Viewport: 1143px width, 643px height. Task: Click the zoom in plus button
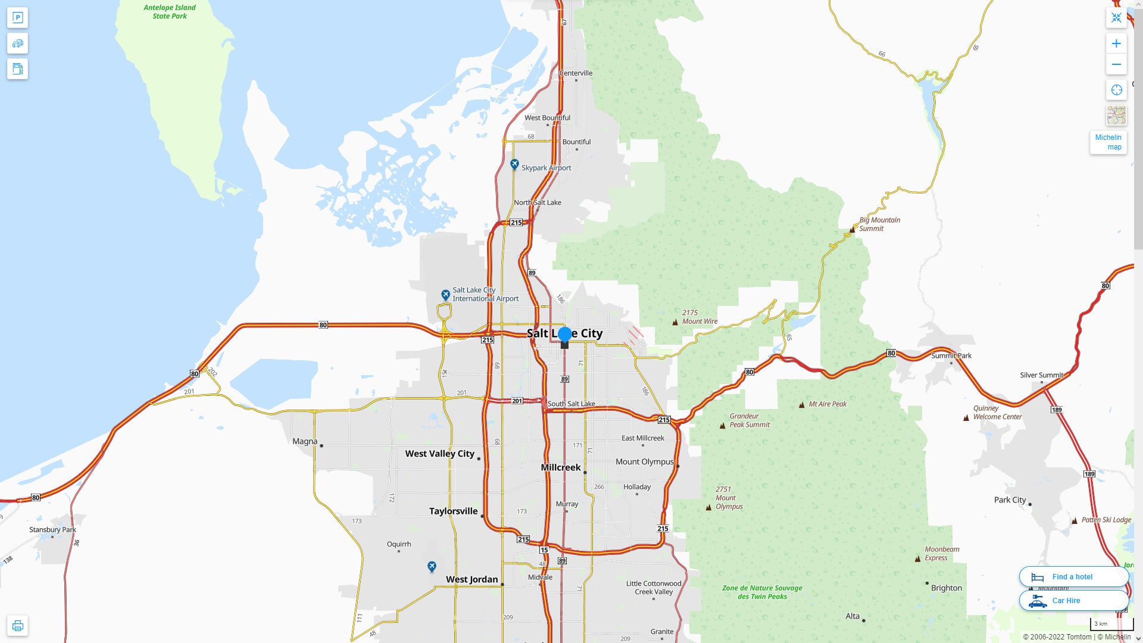pyautogui.click(x=1116, y=43)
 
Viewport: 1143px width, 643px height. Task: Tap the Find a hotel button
pyautogui.click(x=1073, y=577)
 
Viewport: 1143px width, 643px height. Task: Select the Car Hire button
pyautogui.click(x=1073, y=601)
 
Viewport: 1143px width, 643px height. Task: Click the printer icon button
pyautogui.click(x=17, y=626)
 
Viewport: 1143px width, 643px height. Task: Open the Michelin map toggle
pyautogui.click(x=1108, y=142)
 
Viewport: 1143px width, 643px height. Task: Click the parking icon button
pyautogui.click(x=17, y=18)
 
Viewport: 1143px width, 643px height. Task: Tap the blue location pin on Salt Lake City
pyautogui.click(x=564, y=335)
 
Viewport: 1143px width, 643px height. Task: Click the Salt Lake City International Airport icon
pyautogui.click(x=445, y=295)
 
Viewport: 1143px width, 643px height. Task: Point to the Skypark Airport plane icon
pyautogui.click(x=514, y=164)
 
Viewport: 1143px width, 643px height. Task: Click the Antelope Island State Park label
pyautogui.click(x=170, y=12)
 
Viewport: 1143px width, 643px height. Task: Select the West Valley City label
pyautogui.click(x=439, y=454)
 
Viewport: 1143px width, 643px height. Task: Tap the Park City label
pyautogui.click(x=1010, y=500)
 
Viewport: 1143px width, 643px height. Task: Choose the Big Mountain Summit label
pyautogui.click(x=879, y=224)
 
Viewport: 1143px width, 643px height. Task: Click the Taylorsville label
pyautogui.click(x=453, y=511)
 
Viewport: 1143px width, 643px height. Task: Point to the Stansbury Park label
pyautogui.click(x=52, y=530)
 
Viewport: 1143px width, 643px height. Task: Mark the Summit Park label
pyautogui.click(x=951, y=356)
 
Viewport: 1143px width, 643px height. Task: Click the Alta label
pyautogui.click(x=852, y=617)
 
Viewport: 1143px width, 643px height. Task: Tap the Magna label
pyautogui.click(x=305, y=442)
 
